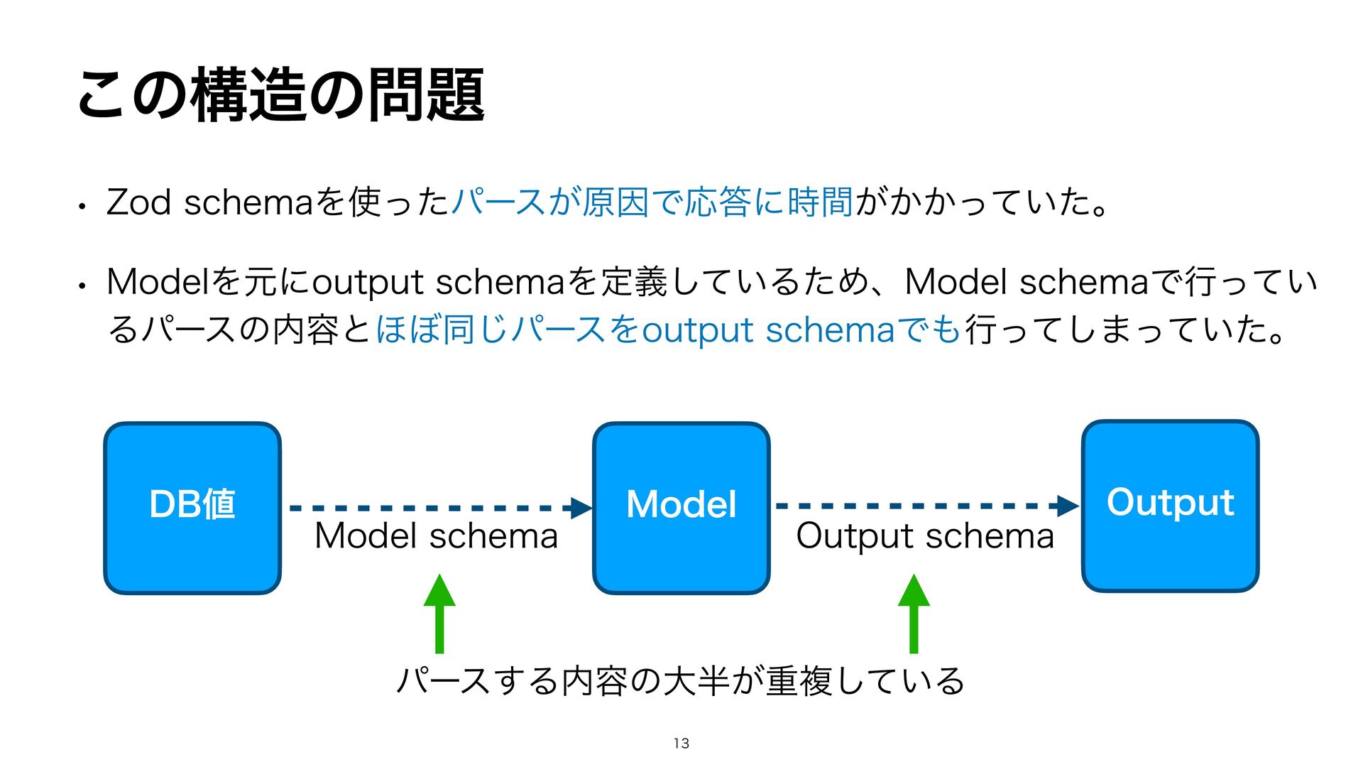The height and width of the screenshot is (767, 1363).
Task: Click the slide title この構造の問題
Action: tap(280, 94)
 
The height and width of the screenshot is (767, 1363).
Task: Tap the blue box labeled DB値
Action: tap(192, 507)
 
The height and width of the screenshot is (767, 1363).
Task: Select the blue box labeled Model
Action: tap(681, 507)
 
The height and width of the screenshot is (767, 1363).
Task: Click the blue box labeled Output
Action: tap(1170, 505)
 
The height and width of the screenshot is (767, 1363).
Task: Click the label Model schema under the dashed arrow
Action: tap(436, 536)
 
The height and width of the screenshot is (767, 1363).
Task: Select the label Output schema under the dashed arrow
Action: tap(925, 536)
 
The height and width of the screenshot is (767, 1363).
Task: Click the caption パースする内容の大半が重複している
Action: tap(680, 681)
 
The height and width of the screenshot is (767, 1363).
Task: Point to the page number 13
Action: tap(681, 744)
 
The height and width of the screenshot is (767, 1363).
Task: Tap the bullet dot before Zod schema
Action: tap(83, 207)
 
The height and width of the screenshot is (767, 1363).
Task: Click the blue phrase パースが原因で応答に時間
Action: tap(652, 202)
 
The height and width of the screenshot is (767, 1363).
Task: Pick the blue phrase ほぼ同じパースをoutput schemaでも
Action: tap(667, 330)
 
